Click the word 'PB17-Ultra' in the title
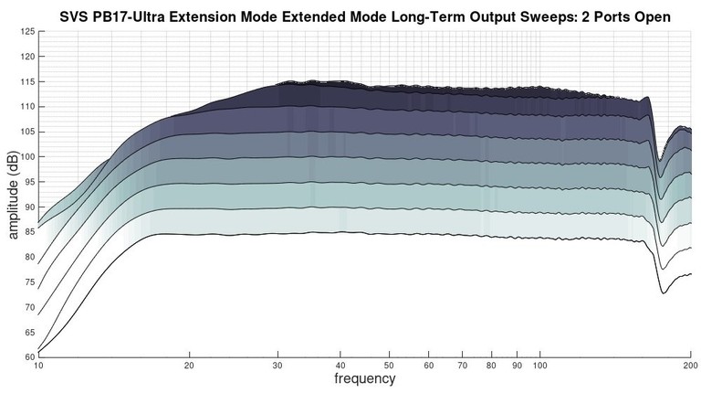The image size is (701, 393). coord(128,16)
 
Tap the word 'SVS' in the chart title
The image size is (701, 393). coord(75,16)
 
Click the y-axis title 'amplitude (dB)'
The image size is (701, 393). coord(15,195)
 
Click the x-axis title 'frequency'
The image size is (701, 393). coord(364,378)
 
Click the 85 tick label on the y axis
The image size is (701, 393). coord(27,232)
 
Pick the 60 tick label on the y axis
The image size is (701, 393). coord(27,356)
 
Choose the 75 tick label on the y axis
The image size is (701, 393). coord(27,282)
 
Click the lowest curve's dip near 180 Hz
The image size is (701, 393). coord(664,292)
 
